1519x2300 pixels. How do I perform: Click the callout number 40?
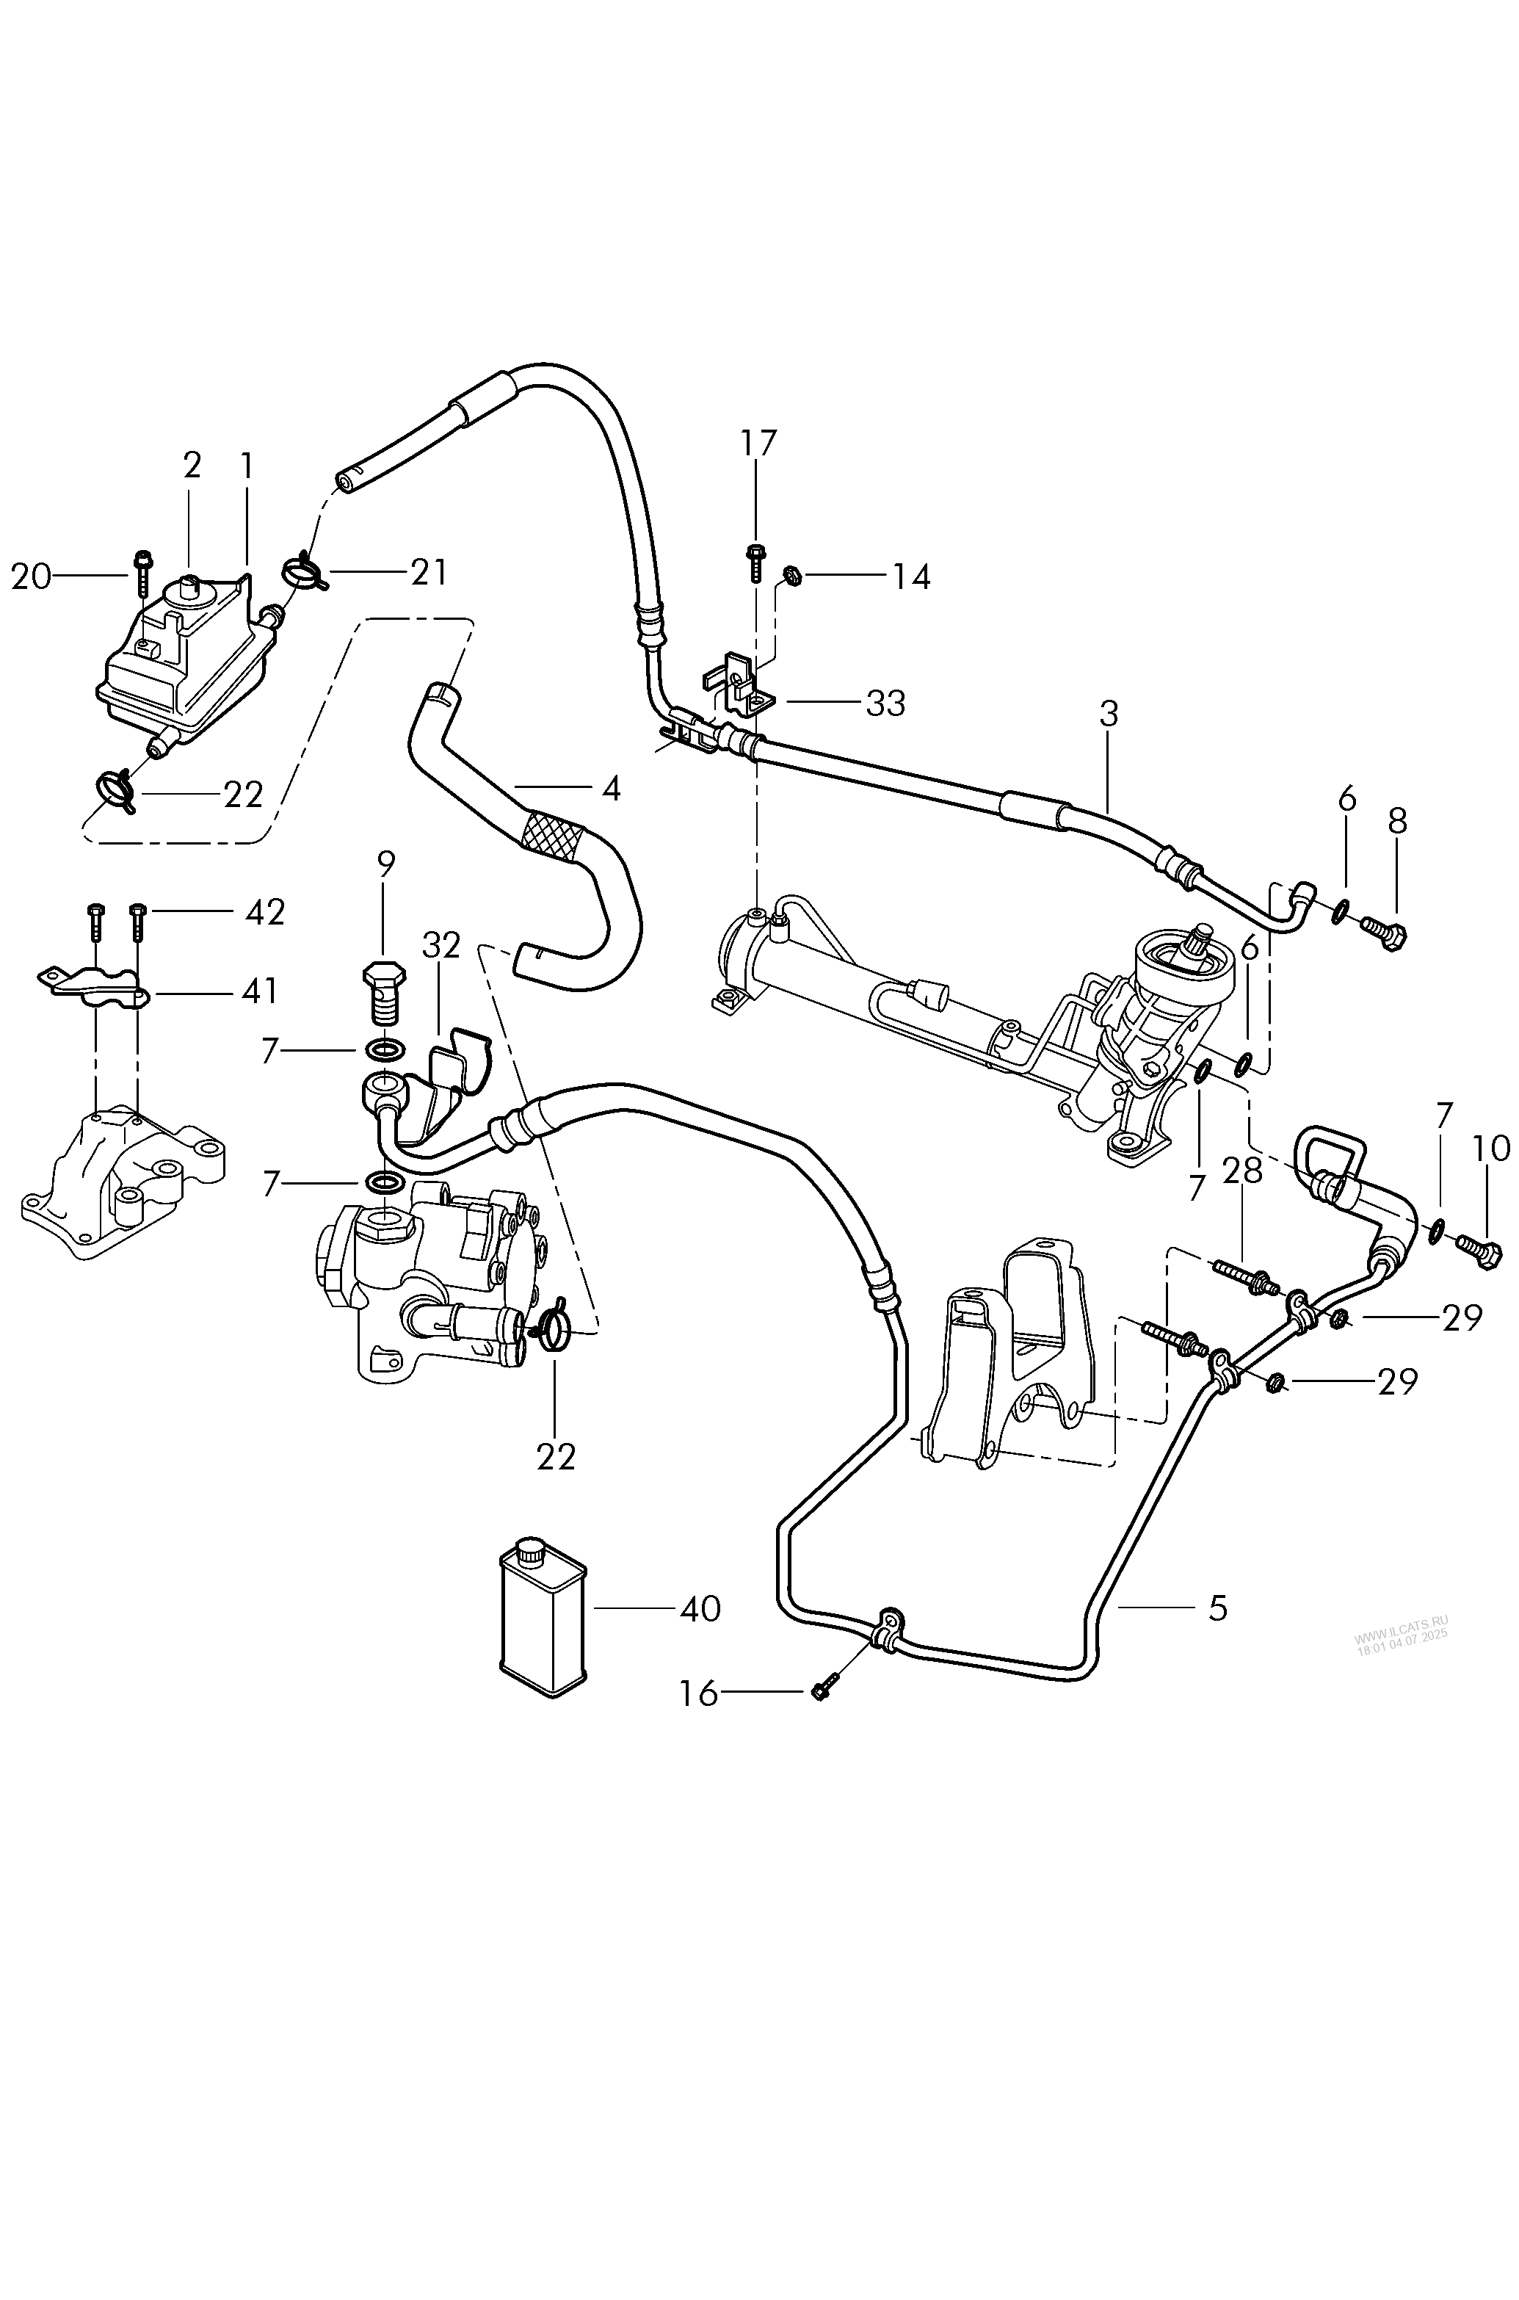(x=700, y=1609)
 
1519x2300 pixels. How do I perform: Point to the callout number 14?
(x=910, y=576)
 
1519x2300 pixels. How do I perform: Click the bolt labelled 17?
(x=755, y=561)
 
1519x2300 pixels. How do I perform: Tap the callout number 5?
(x=1218, y=1608)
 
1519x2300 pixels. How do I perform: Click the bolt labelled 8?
(x=1385, y=932)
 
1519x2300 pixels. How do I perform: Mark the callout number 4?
(x=610, y=789)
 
